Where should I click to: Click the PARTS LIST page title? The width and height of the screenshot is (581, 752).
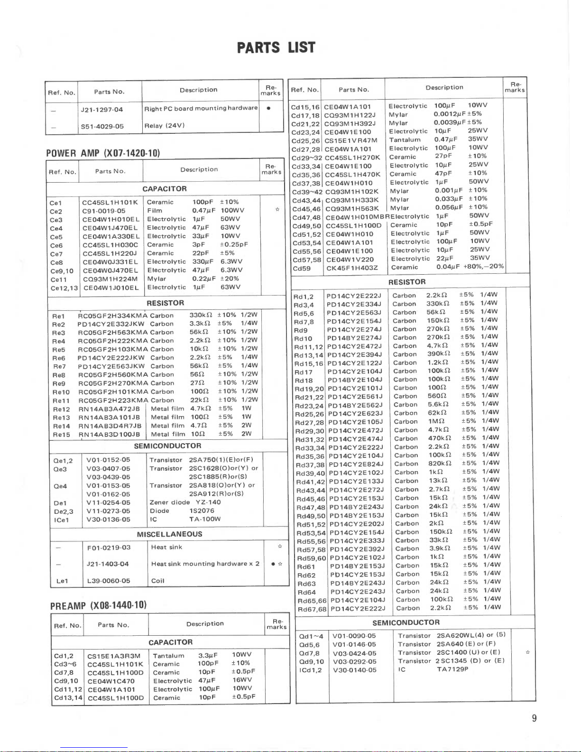(x=276, y=47)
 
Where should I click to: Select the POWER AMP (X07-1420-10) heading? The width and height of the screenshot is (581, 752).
(x=103, y=153)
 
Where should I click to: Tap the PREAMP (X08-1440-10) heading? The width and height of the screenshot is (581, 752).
(x=98, y=605)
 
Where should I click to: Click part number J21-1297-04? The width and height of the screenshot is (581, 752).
(x=102, y=110)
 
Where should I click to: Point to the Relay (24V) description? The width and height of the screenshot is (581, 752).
(x=165, y=126)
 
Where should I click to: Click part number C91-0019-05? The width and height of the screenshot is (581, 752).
(x=103, y=211)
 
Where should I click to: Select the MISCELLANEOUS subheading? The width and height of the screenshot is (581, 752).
(x=169, y=534)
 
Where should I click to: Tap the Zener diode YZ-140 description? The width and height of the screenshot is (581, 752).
(x=185, y=502)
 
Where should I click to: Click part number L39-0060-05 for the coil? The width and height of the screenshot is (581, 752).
(x=109, y=581)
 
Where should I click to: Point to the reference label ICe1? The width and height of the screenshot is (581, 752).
(x=62, y=520)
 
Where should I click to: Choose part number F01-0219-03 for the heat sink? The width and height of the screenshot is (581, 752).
(x=109, y=548)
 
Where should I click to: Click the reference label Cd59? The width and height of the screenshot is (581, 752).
(x=301, y=268)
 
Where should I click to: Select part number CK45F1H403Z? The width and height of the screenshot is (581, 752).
(x=352, y=268)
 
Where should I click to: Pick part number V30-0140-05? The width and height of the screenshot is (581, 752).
(x=354, y=670)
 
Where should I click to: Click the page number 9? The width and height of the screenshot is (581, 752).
(x=534, y=718)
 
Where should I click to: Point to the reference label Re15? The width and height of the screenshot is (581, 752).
(x=62, y=435)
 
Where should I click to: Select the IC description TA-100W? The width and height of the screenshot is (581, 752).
(x=204, y=519)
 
